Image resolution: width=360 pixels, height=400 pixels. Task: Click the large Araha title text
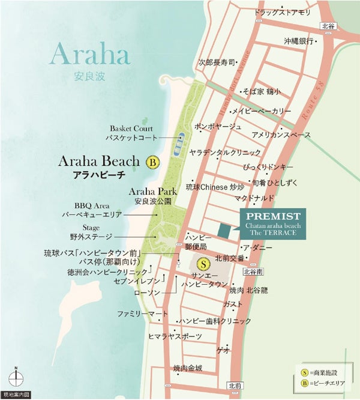click(89, 55)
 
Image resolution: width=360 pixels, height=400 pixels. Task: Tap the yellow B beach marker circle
click(152, 162)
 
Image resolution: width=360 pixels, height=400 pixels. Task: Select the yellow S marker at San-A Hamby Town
click(204, 263)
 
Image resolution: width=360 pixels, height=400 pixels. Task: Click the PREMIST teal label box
click(272, 223)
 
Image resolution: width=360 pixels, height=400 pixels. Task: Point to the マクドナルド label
click(255, 198)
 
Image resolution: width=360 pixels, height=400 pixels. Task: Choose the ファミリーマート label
click(142, 314)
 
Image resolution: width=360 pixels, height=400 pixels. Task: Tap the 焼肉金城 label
click(188, 368)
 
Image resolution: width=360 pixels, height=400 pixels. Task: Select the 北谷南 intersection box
click(254, 271)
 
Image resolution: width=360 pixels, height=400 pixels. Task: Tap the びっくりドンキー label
click(268, 166)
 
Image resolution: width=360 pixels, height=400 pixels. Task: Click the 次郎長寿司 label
click(217, 62)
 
